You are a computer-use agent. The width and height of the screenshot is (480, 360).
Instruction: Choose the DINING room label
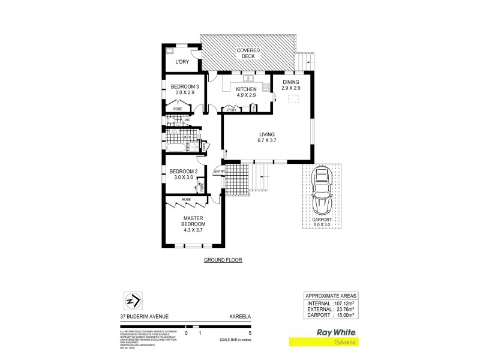[x=290, y=85]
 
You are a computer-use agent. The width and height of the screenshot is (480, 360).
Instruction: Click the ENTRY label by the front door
[x=218, y=173]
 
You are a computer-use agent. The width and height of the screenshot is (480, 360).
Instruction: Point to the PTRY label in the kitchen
[x=230, y=110]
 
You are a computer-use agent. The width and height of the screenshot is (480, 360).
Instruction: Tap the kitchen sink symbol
[x=248, y=79]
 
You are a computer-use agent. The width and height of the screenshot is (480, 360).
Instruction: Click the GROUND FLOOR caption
[x=223, y=260]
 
